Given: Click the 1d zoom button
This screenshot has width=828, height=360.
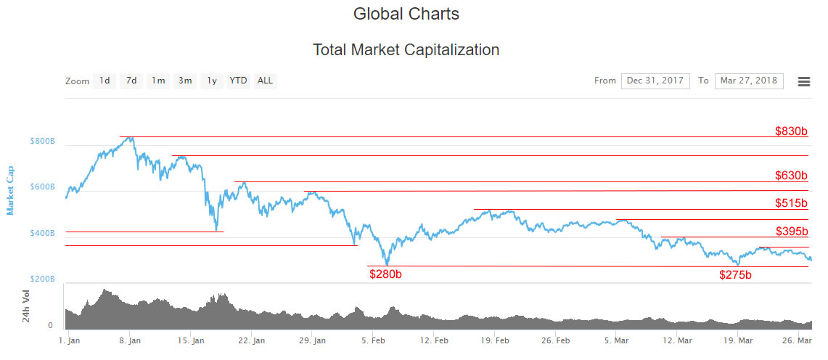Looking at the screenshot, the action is tap(104, 81).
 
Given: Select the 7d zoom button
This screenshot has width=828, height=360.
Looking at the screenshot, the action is tap(131, 81).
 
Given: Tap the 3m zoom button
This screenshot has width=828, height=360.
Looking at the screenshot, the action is tap(185, 81).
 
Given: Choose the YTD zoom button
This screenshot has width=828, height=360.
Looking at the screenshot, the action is tap(238, 81).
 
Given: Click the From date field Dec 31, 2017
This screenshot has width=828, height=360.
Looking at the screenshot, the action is tap(655, 81).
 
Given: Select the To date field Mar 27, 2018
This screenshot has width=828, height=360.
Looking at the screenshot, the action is tap(749, 81).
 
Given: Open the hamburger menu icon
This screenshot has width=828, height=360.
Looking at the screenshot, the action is tap(804, 81).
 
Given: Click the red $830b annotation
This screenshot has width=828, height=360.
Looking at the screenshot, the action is tap(791, 131).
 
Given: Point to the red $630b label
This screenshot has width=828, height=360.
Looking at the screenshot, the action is tap(791, 175).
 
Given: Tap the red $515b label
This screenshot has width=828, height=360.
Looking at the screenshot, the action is tap(791, 202).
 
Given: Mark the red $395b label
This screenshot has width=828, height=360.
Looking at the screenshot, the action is tap(792, 231).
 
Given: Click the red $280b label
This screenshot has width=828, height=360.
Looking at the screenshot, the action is tap(385, 274).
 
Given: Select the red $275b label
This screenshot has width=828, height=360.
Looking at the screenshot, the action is tap(736, 274).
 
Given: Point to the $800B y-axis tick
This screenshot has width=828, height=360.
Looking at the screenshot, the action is tap(43, 142).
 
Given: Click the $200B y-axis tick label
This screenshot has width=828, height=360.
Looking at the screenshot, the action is tap(43, 279).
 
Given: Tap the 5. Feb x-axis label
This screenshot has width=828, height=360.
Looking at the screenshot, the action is tap(373, 340).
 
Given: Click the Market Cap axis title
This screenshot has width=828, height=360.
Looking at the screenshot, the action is tap(10, 191).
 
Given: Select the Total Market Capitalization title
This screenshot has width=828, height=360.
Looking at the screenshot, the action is tap(406, 50).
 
